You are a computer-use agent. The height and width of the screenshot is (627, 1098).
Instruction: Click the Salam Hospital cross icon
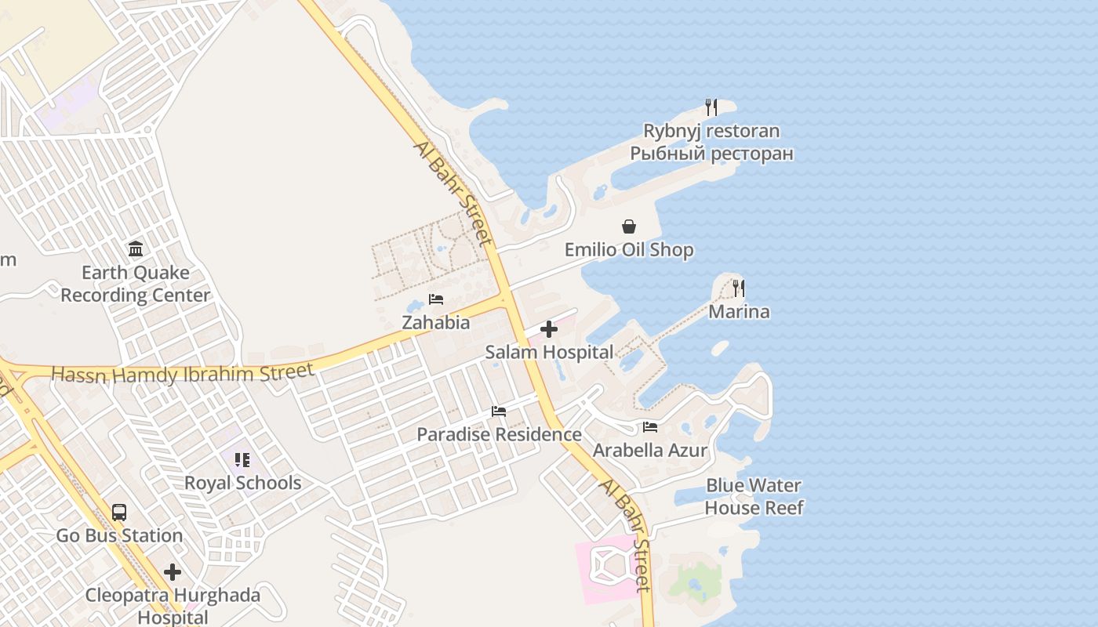[549, 329]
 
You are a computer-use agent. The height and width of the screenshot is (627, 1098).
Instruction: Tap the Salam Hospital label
[549, 353]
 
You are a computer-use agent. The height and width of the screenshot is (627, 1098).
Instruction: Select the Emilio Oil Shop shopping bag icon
[629, 227]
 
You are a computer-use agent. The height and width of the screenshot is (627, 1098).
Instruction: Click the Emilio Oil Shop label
[629, 251]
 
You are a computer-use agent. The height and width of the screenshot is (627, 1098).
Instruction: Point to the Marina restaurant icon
[738, 288]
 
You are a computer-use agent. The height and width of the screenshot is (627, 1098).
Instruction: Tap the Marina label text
[739, 312]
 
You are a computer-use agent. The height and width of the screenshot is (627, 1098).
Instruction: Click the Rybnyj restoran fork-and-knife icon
[711, 107]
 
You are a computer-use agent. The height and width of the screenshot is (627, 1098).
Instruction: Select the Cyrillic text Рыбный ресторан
[711, 154]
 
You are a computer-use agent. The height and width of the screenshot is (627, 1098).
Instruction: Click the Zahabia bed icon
[436, 299]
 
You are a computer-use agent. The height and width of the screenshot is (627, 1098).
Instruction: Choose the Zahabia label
[436, 322]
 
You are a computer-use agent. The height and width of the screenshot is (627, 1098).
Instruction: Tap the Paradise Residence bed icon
[499, 411]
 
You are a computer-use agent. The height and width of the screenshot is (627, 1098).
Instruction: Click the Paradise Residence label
[499, 434]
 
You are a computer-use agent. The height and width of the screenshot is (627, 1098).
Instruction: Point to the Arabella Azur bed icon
[650, 427]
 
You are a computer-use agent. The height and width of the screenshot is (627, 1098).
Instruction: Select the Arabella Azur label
[650, 451]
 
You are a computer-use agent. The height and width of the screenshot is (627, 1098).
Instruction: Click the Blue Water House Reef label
[754, 496]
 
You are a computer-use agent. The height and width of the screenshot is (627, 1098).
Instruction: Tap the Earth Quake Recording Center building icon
[136, 249]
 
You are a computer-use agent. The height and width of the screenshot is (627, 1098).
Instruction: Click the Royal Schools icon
[242, 459]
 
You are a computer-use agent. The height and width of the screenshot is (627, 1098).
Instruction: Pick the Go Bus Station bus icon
[119, 513]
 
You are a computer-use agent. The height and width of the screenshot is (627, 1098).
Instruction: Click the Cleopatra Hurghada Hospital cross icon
[173, 572]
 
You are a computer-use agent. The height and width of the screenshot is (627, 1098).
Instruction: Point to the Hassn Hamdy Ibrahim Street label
[183, 374]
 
